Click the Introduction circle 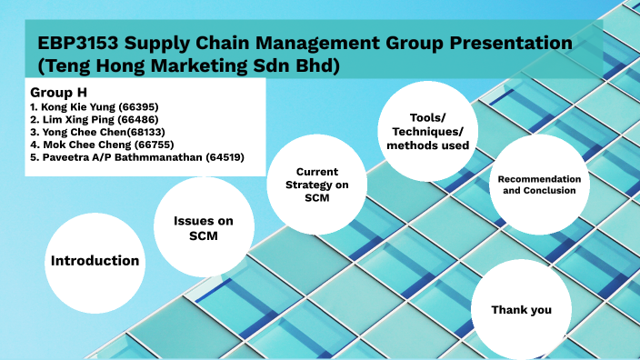[95, 260]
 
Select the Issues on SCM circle [202, 227]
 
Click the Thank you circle [521, 310]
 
